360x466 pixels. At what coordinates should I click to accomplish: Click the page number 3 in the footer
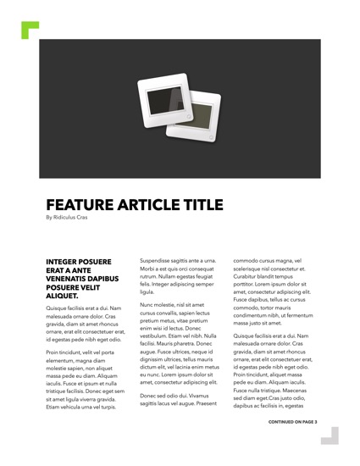coord(315,443)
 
